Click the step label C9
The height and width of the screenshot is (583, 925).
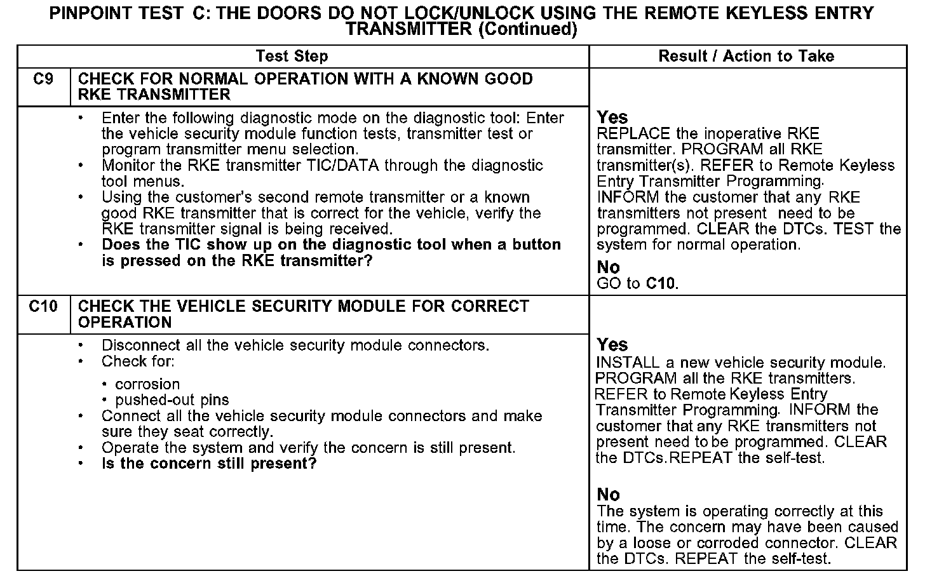tap(43, 79)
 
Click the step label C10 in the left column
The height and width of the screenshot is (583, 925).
tap(43, 307)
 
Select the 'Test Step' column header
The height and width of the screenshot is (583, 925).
tap(292, 57)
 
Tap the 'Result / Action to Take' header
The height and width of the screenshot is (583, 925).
tap(746, 57)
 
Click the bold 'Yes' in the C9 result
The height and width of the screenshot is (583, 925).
tap(612, 117)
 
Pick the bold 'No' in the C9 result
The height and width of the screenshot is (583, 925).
tap(608, 267)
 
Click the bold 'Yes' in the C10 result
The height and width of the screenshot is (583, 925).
tap(612, 345)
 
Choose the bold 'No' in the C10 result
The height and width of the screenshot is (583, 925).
tap(608, 495)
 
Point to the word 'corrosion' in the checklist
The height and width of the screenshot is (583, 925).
tap(147, 385)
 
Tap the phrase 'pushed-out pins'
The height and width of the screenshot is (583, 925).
tap(172, 401)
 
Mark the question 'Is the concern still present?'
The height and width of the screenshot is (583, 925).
tap(209, 464)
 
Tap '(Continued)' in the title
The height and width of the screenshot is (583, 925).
tap(527, 29)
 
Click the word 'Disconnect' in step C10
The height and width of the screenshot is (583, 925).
tap(141, 346)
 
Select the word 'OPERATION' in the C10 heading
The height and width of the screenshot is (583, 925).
tap(125, 323)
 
